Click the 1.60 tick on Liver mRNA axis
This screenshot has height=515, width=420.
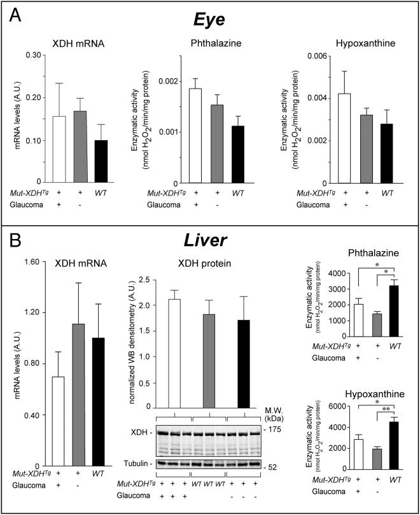click(36, 261)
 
